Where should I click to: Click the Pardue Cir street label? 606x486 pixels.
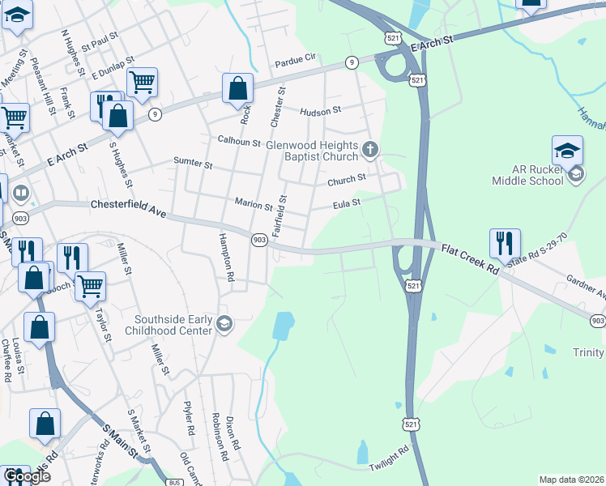coord(295,59)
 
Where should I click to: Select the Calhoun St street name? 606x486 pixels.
coord(238,140)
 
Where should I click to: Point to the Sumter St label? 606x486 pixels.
coord(193,163)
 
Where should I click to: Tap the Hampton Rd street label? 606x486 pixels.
coord(224,258)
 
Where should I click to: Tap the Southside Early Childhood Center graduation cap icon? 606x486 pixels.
coord(224,324)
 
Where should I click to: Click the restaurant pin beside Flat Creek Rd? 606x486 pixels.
coord(504,242)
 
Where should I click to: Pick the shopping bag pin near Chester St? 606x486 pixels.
coord(237,88)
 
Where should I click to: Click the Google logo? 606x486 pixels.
coord(26,476)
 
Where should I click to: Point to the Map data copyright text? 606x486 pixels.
coord(570,480)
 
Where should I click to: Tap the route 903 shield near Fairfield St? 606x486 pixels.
coord(259,240)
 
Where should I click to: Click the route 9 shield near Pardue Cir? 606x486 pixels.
coord(352,62)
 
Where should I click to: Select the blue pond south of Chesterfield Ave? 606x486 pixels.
coord(284,326)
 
